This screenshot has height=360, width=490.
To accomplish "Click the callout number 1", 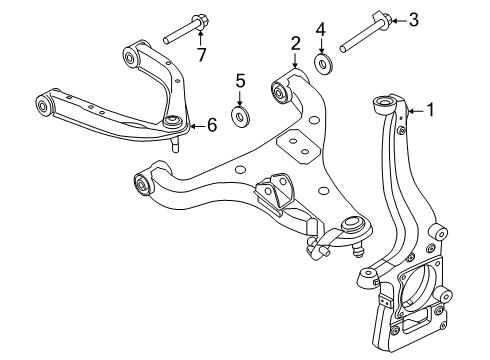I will pyautogui.click(x=433, y=111).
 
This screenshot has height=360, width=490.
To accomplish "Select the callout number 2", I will pyautogui.click(x=295, y=42).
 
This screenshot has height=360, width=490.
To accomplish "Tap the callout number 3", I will pyautogui.click(x=414, y=17).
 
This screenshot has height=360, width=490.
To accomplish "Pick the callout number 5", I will pyautogui.click(x=240, y=79).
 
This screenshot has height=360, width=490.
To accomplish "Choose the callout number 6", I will pyautogui.click(x=211, y=125).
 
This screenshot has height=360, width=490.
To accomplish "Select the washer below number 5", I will pyautogui.click(x=240, y=118).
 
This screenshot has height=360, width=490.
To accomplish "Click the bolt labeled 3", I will pyautogui.click(x=365, y=34).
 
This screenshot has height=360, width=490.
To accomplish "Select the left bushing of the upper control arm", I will pyautogui.click(x=45, y=104).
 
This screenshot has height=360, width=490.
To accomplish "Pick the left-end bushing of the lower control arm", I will pyautogui.click(x=142, y=183).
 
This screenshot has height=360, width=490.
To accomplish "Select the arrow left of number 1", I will pyautogui.click(x=416, y=111).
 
